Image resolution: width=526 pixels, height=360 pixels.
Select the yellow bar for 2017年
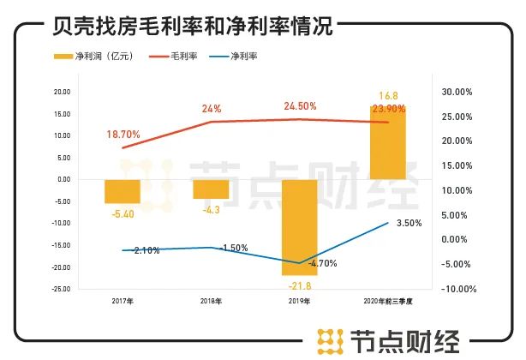coord(122,191)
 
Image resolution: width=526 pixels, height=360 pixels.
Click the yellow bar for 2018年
coord(211,189)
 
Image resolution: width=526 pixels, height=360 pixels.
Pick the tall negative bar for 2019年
coord(300,227)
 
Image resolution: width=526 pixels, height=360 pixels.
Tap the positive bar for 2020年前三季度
coord(388,142)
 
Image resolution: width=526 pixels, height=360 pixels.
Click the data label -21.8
coord(300,284)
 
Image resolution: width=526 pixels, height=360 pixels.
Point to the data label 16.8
coord(388,97)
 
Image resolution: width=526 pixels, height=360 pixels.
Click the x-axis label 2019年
coord(299,302)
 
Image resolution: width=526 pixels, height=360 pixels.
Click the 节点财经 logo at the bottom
coord(390,340)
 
